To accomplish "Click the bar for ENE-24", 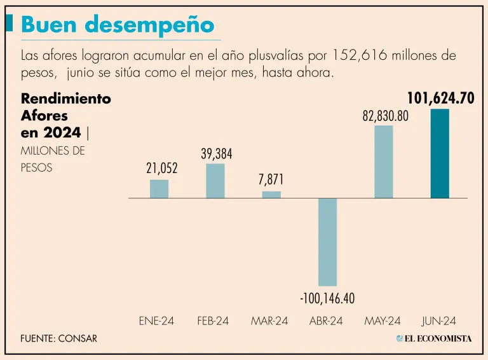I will (159, 189).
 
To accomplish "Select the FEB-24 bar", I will (215, 181).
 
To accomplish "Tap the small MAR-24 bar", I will (271, 195).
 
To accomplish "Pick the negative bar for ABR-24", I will (327, 242).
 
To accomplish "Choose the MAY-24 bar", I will (383, 162).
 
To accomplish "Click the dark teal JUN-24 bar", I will (440, 154).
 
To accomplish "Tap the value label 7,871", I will (271, 180).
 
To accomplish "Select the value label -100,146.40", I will (327, 298).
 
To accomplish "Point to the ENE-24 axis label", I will (156, 321).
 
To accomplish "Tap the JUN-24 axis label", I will (439, 321).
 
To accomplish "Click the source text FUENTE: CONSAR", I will (58, 338).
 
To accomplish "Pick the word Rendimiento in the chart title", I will (66, 99).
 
